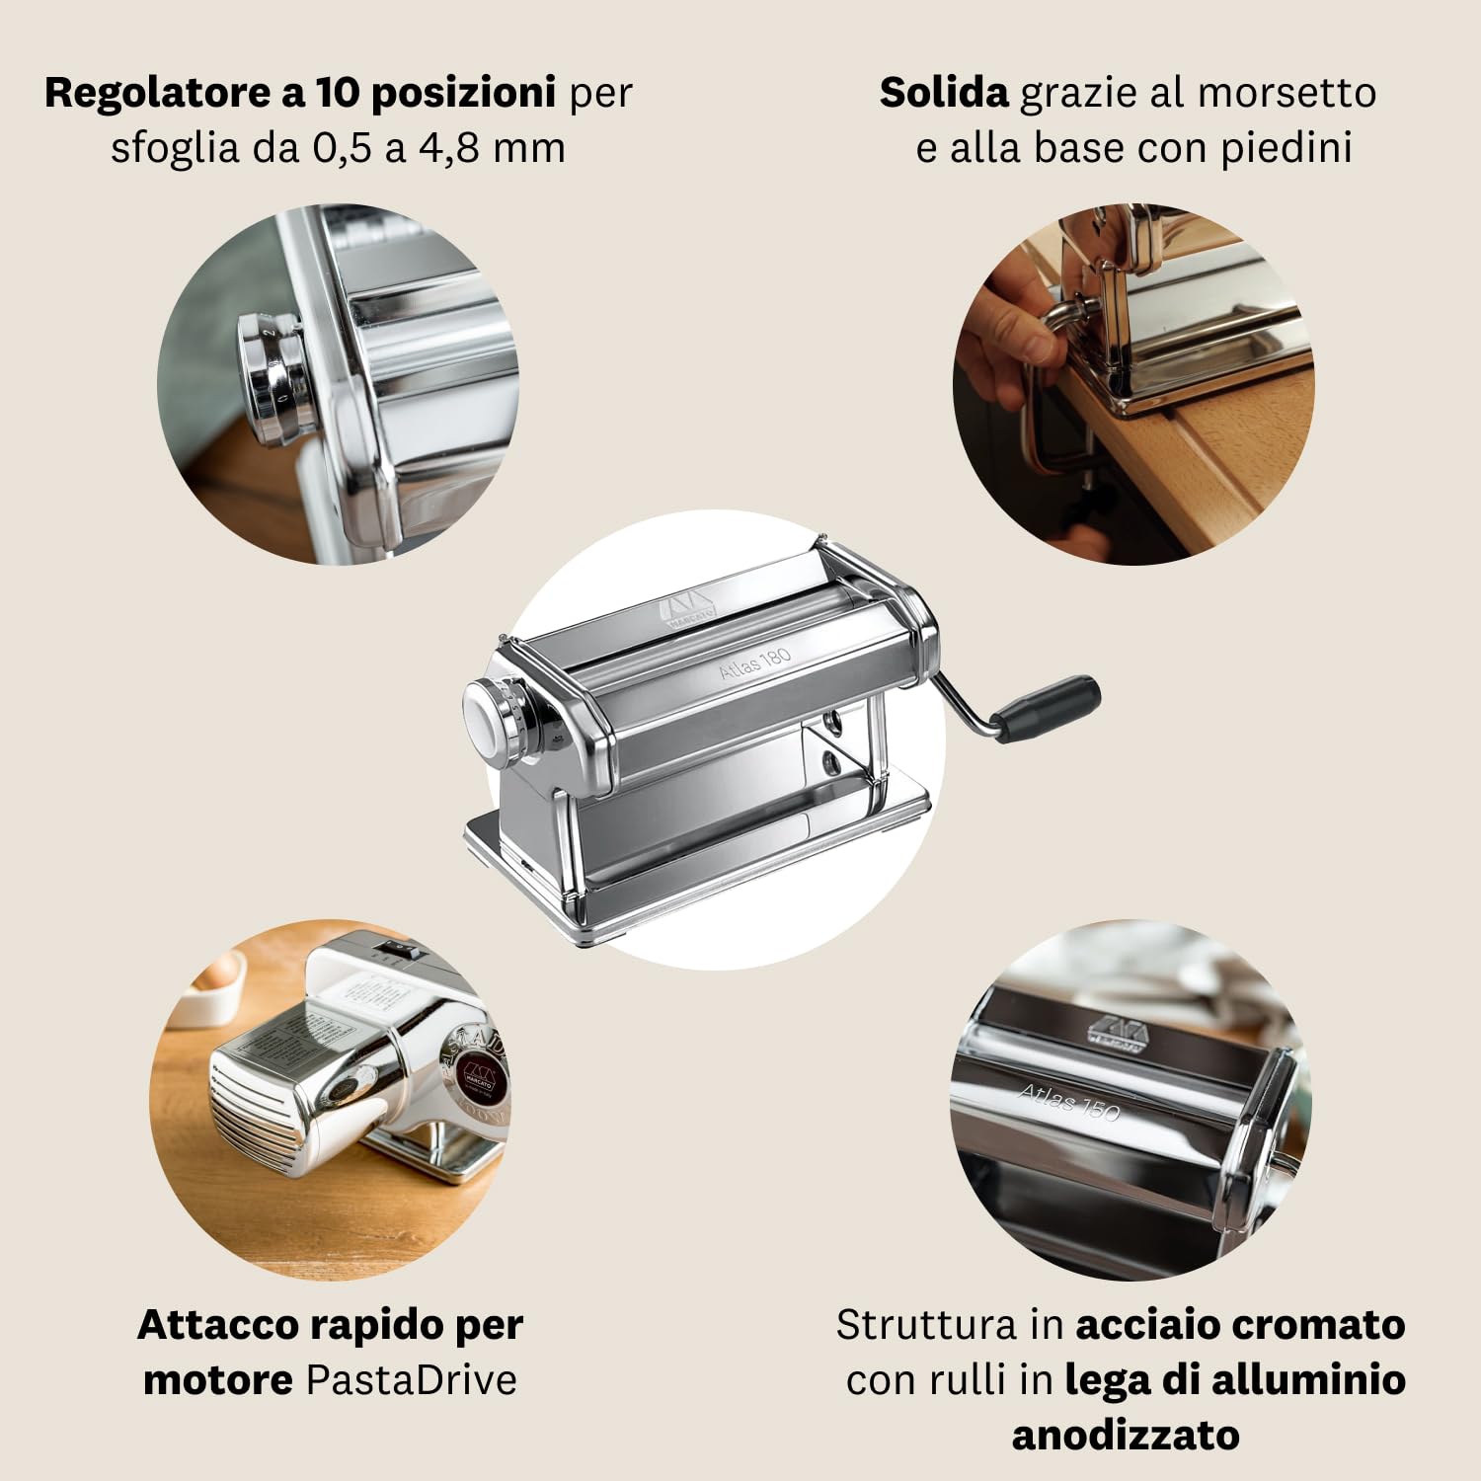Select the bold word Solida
tap(943, 94)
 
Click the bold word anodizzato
tap(1125, 1435)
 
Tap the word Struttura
tap(926, 1325)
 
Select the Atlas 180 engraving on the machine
tap(754, 663)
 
